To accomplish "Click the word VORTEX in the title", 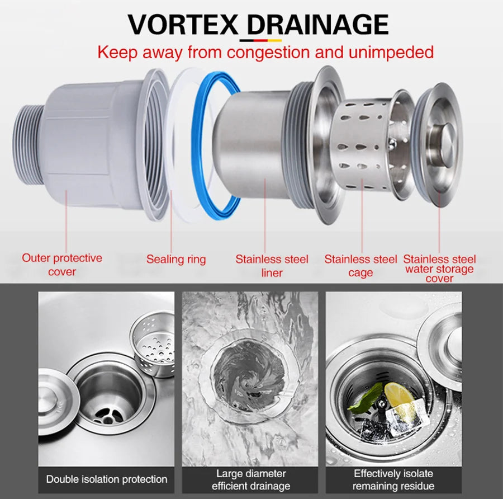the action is [x=183, y=25].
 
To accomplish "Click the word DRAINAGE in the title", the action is [x=317, y=25].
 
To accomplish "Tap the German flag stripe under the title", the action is [x=260, y=40].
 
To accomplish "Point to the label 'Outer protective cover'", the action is [x=62, y=265].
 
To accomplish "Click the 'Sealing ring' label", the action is [x=176, y=259].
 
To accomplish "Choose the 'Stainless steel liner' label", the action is [x=272, y=266].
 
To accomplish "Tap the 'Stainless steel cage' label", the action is [x=360, y=266].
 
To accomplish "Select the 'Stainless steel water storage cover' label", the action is [x=439, y=269].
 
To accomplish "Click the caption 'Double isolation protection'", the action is [x=107, y=479].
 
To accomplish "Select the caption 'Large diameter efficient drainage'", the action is [x=250, y=480].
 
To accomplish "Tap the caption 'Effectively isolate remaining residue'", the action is [x=393, y=480].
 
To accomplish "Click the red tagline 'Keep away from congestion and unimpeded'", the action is [x=265, y=53].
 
